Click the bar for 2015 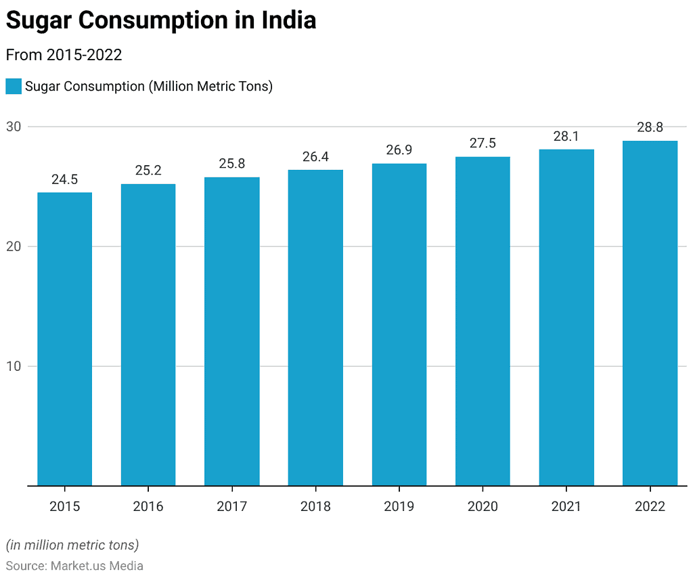tap(64, 338)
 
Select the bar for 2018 tap(315, 328)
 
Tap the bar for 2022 tap(650, 313)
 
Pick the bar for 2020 tap(483, 321)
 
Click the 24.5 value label tap(64, 179)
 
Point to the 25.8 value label tap(231, 164)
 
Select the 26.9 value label tap(399, 150)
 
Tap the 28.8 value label tap(650, 127)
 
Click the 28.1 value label tap(566, 136)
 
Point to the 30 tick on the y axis tap(14, 127)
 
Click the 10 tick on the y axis tap(14, 366)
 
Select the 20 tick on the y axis tap(14, 246)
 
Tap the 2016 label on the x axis tap(148, 506)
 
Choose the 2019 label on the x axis tap(399, 506)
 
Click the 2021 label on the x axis tap(566, 506)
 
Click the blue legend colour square tap(14, 87)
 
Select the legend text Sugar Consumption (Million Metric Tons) tap(149, 87)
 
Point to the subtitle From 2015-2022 tap(64, 55)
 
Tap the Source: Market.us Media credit tap(74, 566)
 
